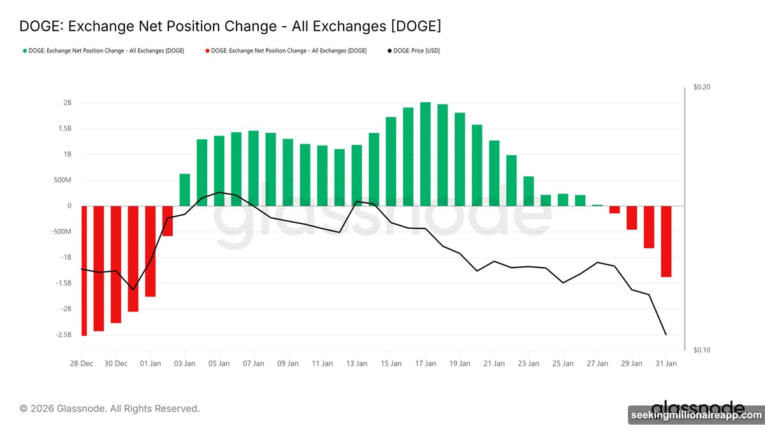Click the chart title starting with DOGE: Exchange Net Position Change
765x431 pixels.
click(x=230, y=26)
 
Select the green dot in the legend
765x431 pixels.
click(x=24, y=50)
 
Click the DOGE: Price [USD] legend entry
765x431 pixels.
click(x=414, y=50)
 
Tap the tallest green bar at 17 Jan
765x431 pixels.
click(x=425, y=154)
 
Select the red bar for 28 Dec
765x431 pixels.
click(x=84, y=270)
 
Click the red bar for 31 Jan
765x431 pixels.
click(x=666, y=241)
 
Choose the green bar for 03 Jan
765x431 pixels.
click(x=185, y=190)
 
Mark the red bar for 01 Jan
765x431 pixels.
click(x=150, y=251)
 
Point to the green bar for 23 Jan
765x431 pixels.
click(x=528, y=191)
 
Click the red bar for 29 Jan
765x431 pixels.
click(x=632, y=218)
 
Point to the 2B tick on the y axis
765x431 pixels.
click(x=67, y=103)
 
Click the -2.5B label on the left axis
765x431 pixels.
click(x=62, y=335)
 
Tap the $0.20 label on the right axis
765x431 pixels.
click(x=701, y=87)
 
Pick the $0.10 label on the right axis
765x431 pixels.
click(x=701, y=350)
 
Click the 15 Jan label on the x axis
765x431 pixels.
click(x=391, y=363)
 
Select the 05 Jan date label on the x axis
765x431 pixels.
click(x=219, y=363)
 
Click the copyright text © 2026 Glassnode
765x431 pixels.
click(x=110, y=408)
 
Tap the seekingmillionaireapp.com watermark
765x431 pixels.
click(x=696, y=416)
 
